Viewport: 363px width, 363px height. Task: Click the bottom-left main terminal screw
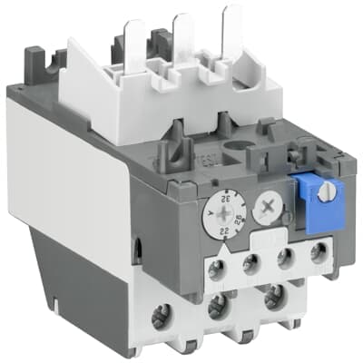coord(163,317)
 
